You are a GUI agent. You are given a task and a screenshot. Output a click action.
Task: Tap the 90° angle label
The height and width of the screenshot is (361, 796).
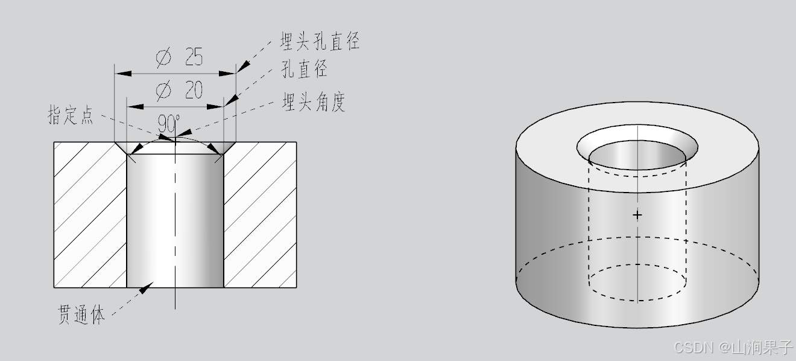[168, 124]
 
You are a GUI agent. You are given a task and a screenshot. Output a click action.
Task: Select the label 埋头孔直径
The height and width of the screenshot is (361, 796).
[320, 42]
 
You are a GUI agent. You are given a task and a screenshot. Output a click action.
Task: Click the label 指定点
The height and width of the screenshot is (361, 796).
[71, 115]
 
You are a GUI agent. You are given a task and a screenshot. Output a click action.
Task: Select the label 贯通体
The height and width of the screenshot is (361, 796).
[81, 315]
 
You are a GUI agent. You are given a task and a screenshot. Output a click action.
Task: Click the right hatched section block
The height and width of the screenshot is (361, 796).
[260, 214]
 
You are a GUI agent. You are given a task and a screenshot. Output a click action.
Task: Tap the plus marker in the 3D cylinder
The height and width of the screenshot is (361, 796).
[637, 214]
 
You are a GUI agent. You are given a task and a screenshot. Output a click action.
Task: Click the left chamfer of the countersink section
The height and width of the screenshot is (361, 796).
[122, 149]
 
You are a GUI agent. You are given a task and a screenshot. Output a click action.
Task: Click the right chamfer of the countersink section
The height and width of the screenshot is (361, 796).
[229, 149]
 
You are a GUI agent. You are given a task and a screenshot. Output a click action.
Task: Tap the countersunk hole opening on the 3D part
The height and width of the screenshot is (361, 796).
[637, 148]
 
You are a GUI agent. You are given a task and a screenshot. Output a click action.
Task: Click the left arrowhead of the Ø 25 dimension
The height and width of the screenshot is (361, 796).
[123, 74]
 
